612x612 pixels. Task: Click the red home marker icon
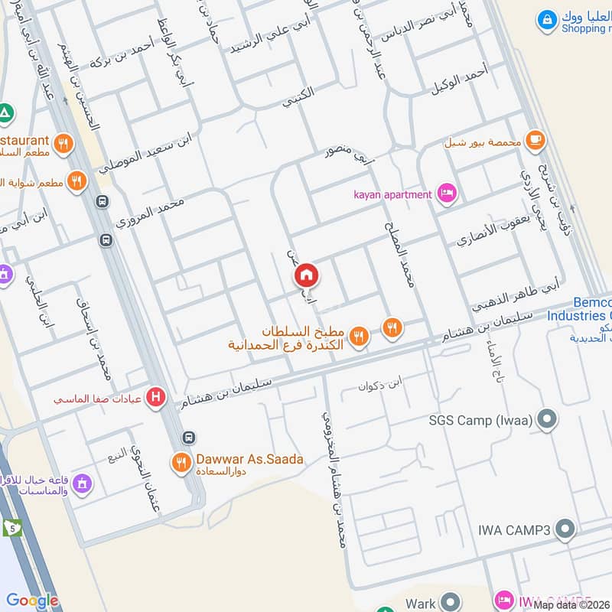(307, 275)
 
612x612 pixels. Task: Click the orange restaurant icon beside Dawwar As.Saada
(181, 461)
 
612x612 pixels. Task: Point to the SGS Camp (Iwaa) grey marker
(546, 418)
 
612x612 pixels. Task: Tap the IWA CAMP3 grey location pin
(565, 528)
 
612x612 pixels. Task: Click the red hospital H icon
(157, 398)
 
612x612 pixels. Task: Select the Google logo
(32, 601)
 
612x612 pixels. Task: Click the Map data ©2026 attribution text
(571, 604)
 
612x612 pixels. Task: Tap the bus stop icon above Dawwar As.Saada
(189, 437)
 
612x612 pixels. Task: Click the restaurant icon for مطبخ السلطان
(358, 335)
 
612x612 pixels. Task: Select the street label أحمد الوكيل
(458, 80)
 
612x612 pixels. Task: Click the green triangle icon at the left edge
(6, 113)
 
